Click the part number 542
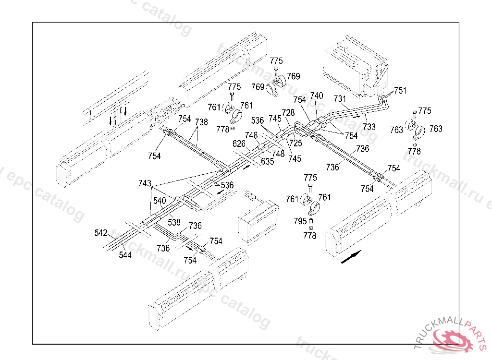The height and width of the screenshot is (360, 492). coord(101,233)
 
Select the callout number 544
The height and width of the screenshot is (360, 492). coord(125,255)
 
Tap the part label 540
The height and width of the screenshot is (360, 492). coord(160,200)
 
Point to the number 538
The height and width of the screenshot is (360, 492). coord(174,223)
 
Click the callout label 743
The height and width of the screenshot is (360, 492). coord(145,183)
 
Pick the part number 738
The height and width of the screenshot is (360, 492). coord(201,122)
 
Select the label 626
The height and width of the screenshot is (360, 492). coord(239,144)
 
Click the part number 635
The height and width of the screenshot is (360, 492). coord(268,161)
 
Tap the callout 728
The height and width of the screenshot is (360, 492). coord(288,112)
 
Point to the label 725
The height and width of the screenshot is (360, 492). coord(295,143)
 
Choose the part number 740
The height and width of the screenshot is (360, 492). coord(317,96)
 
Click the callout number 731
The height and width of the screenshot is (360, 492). coord(340,98)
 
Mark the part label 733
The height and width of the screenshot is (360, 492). coord(369,127)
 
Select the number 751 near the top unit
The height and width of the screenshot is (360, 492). coord(400,90)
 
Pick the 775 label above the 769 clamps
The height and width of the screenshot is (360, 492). coord(276,61)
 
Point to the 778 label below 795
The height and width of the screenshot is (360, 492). coord(310,236)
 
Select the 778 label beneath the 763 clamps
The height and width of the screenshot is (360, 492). coord(414,151)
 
